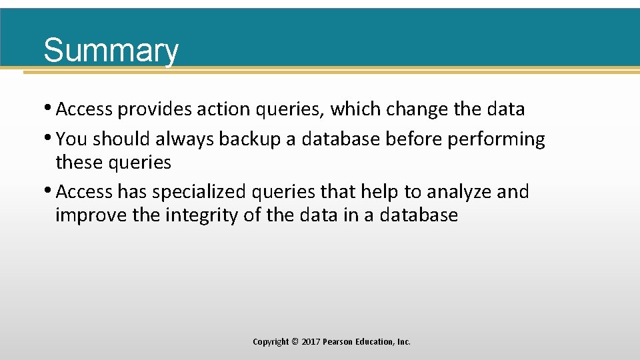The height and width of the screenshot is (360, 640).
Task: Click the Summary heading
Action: [111, 51]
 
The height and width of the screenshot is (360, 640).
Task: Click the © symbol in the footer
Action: [295, 342]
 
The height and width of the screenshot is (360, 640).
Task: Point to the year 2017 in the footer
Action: [311, 342]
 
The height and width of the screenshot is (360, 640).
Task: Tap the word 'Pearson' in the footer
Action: [338, 342]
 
